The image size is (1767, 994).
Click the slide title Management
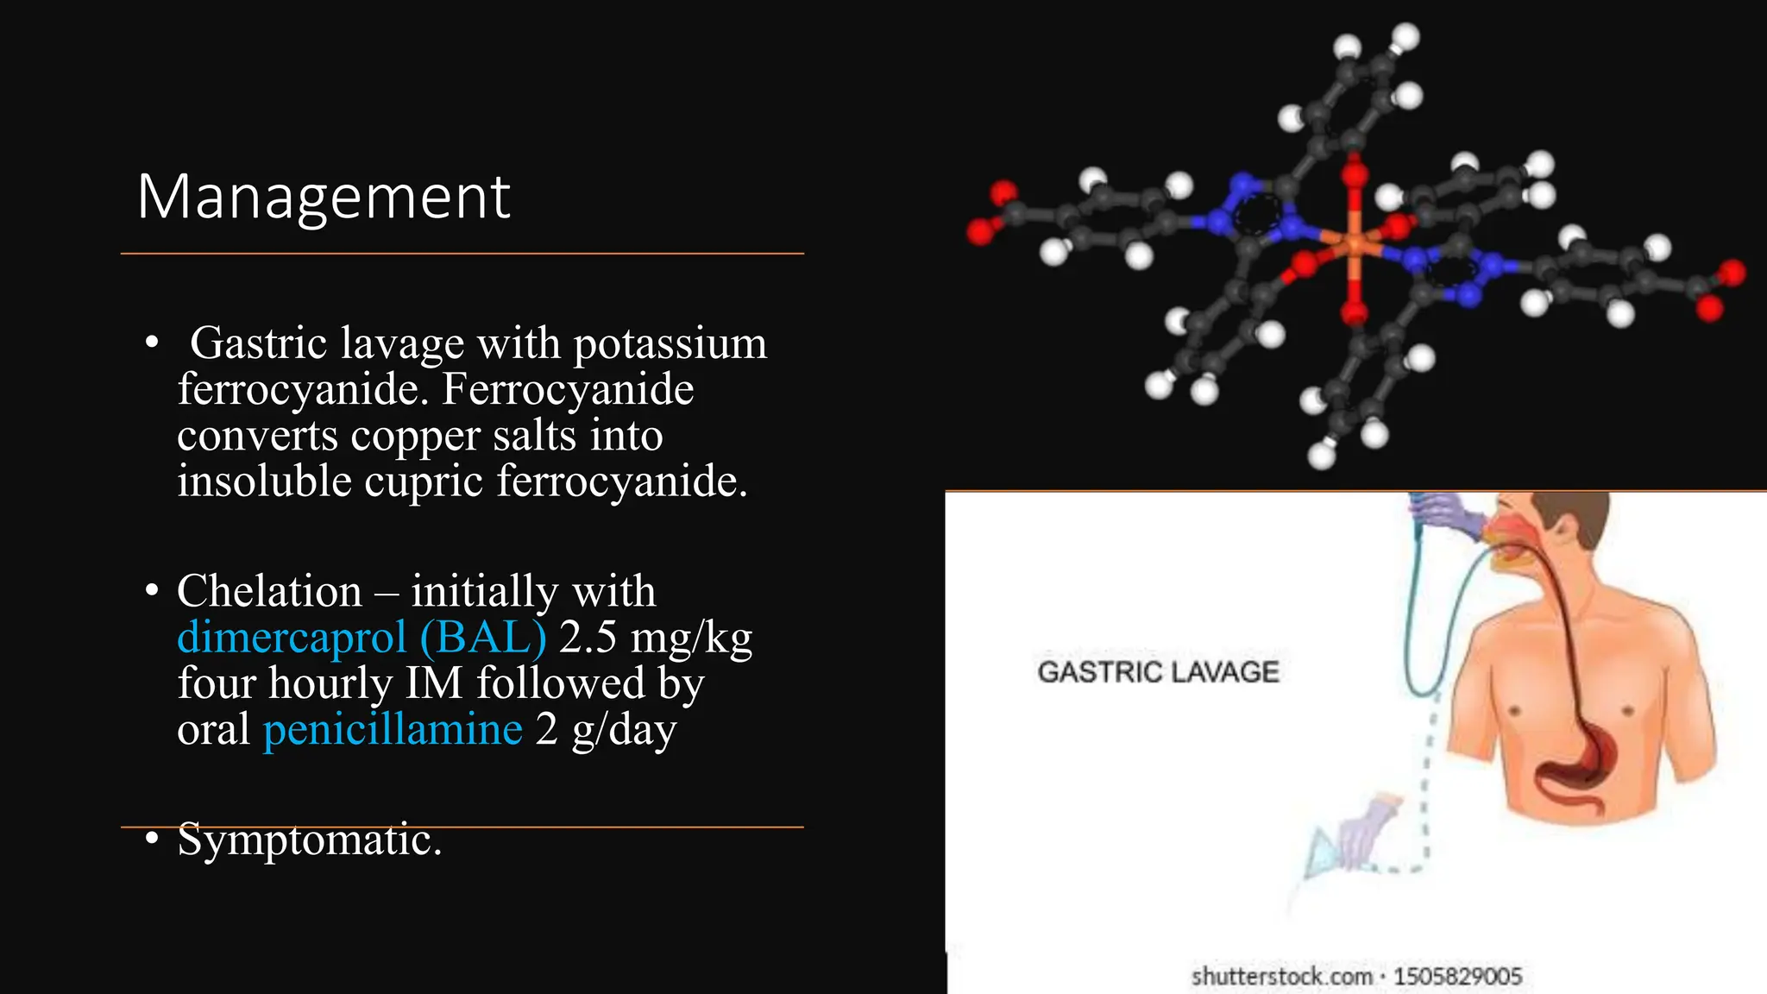pyautogui.click(x=324, y=198)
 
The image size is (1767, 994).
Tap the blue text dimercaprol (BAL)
pyautogui.click(x=362, y=638)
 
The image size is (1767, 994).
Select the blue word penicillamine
pyautogui.click(x=393, y=729)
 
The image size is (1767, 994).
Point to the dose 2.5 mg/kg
pyautogui.click(x=656, y=638)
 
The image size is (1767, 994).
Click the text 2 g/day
pyautogui.click(x=606, y=729)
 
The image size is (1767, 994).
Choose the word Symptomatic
pyautogui.click(x=309, y=840)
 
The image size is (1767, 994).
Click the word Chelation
pyautogui.click(x=269, y=592)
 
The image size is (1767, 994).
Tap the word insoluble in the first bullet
pyautogui.click(x=264, y=481)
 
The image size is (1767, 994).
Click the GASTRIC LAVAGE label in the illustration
pyautogui.click(x=1158, y=672)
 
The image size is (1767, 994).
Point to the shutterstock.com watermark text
pyautogui.click(x=1356, y=977)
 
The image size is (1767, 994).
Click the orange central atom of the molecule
pyautogui.click(x=1353, y=244)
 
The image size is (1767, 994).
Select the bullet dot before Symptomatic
pyautogui.click(x=152, y=839)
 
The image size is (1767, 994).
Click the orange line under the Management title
pyautogui.click(x=462, y=254)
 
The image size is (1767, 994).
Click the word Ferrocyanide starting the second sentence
pyautogui.click(x=567, y=389)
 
